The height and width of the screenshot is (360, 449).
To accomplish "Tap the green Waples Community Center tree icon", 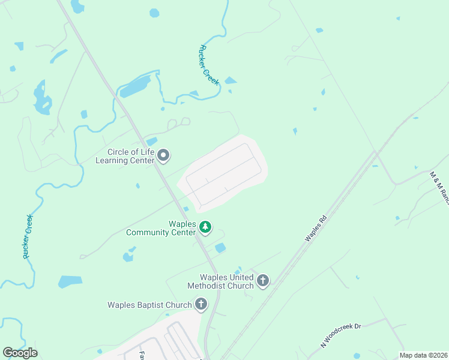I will click(205, 227).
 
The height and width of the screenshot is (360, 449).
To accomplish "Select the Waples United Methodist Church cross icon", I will click(262, 280).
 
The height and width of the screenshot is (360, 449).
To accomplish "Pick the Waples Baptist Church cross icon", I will click(200, 304).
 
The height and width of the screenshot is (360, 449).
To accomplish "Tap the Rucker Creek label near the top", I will click(209, 65).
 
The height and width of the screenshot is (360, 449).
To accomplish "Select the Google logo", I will click(20, 352).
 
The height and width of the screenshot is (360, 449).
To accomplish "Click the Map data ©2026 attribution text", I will click(424, 355).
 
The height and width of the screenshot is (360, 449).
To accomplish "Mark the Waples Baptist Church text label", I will click(149, 305).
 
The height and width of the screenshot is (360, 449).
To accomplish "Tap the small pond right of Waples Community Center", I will click(220, 247).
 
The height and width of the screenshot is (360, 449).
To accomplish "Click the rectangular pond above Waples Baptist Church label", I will click(70, 281).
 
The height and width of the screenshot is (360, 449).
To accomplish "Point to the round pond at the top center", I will click(154, 13).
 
